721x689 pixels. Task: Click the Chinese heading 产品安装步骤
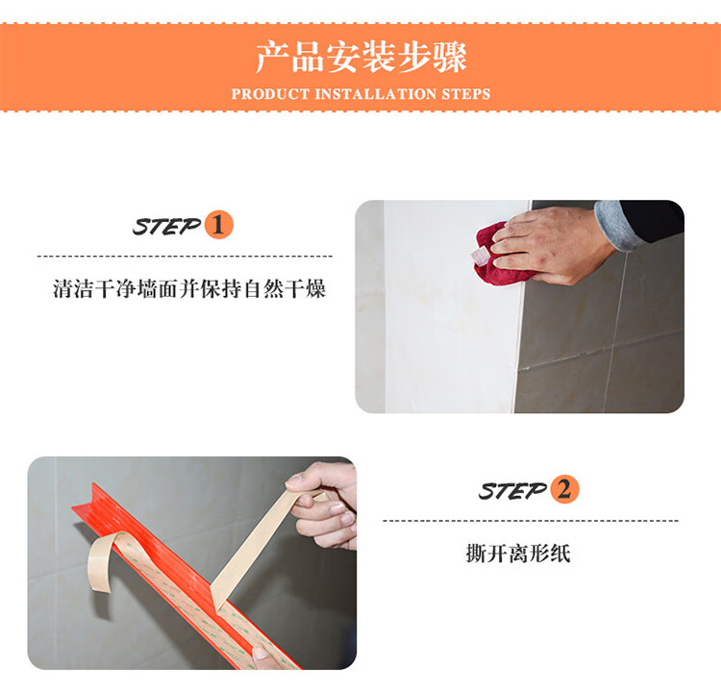pyautogui.click(x=360, y=57)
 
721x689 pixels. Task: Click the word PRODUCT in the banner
pyautogui.click(x=270, y=94)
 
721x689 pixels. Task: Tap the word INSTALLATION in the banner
pyautogui.click(x=375, y=94)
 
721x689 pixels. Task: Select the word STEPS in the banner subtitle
pyautogui.click(x=466, y=94)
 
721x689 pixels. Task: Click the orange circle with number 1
pyautogui.click(x=218, y=225)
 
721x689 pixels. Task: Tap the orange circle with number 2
pyautogui.click(x=564, y=489)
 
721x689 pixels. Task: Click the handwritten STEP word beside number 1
pyautogui.click(x=166, y=226)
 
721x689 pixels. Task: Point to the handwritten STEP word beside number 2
pyautogui.click(x=512, y=490)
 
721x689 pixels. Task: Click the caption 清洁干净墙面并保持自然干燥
pyautogui.click(x=189, y=289)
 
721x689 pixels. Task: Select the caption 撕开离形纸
pyautogui.click(x=518, y=554)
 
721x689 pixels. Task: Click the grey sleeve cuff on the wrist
pyautogui.click(x=614, y=225)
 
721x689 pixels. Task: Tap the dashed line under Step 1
pyautogui.click(x=185, y=256)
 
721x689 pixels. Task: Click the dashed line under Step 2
pyautogui.click(x=531, y=520)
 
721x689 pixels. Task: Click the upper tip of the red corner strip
pyautogui.click(x=93, y=483)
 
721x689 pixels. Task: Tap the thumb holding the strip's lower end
pyautogui.click(x=261, y=652)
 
